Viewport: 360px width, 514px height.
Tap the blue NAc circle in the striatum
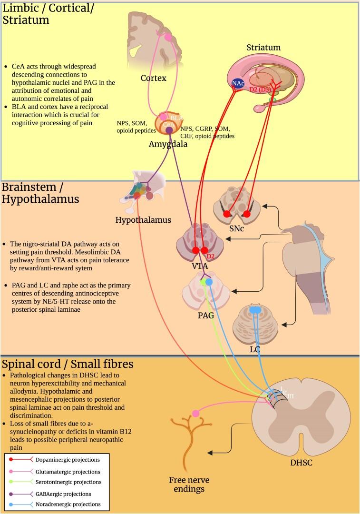(237, 84)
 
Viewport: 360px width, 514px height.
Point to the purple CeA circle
(169, 130)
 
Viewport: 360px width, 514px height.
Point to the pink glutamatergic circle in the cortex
(167, 37)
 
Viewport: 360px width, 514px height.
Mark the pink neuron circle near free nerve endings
(195, 413)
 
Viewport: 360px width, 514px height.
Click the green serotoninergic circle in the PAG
(203, 282)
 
